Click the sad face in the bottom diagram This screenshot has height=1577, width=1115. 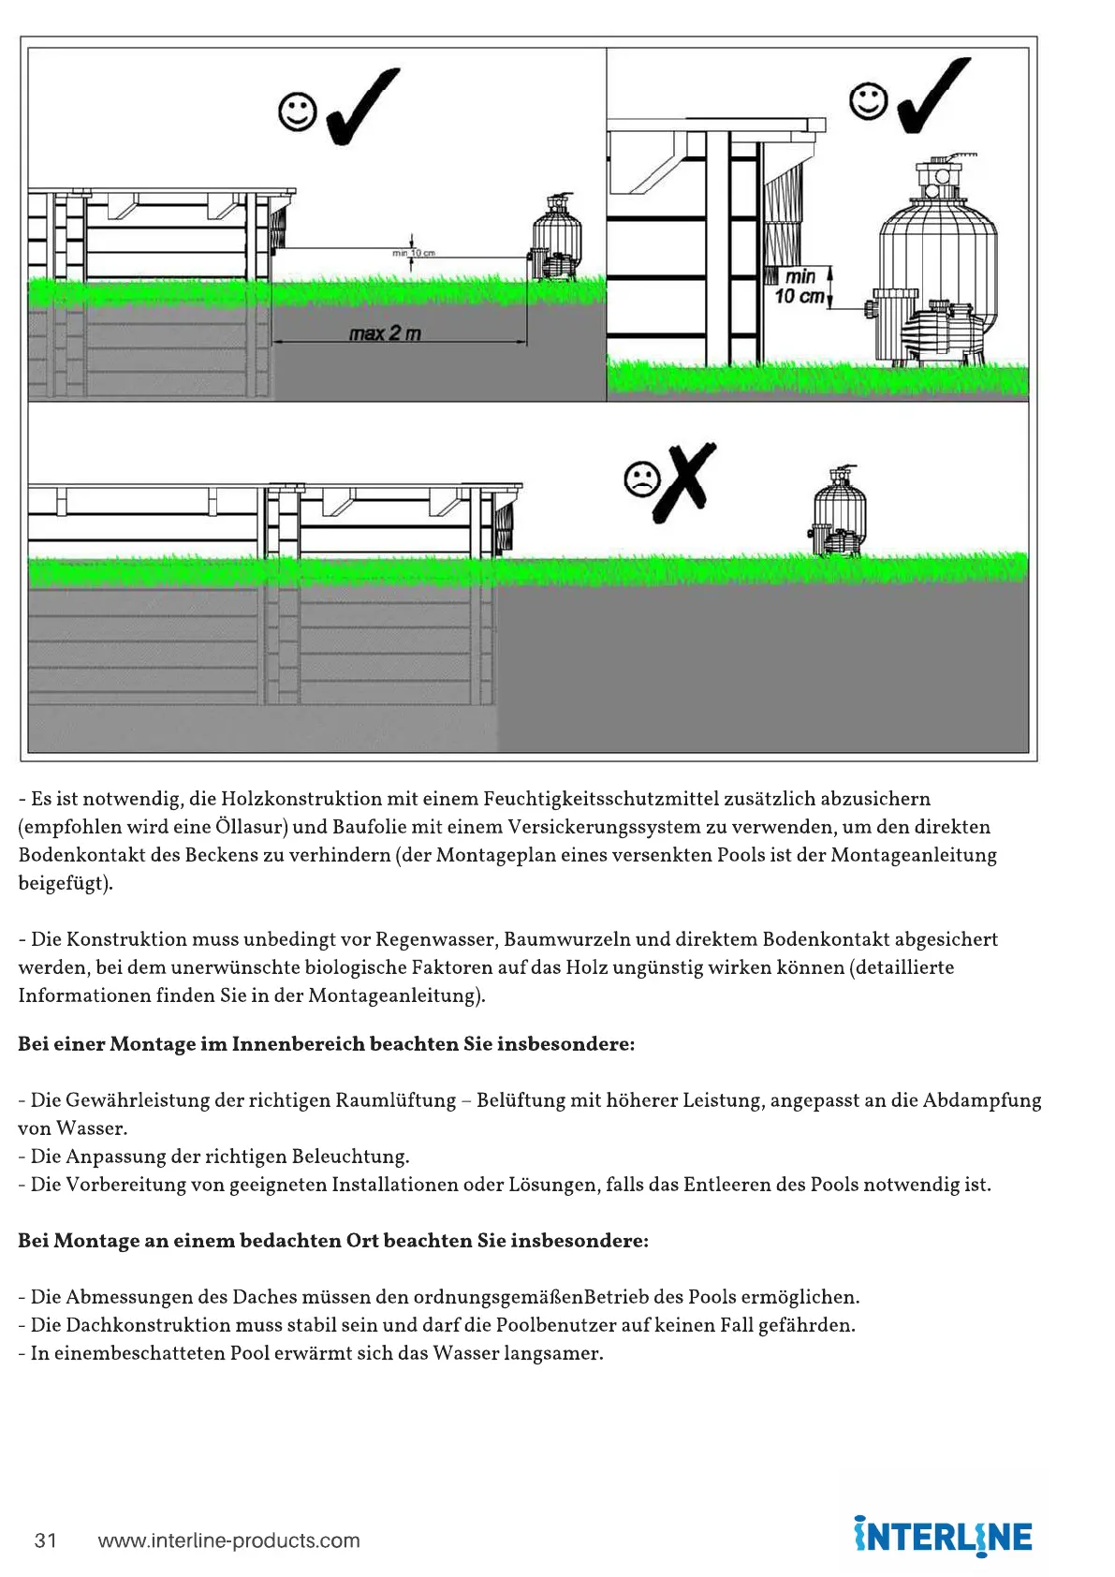point(641,480)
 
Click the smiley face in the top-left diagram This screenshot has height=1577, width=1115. point(298,111)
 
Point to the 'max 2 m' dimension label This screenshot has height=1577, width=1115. point(385,333)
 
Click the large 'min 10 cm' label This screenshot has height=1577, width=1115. point(800,287)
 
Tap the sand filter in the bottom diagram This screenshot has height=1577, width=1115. point(838,512)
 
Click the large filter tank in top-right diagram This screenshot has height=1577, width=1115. point(937,253)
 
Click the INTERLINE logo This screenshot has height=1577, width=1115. point(943,1537)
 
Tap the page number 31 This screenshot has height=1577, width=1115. point(46,1540)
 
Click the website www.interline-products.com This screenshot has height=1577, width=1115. point(228,1540)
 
